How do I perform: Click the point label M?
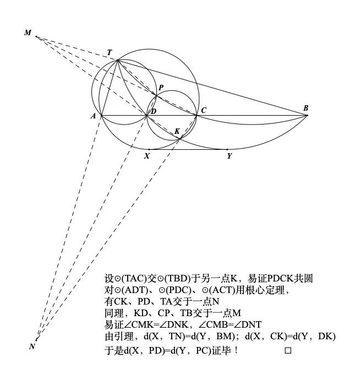(28, 33)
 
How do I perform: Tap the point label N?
(32, 346)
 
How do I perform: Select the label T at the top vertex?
(110, 53)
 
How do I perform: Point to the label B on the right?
(306, 109)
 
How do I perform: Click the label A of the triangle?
(94, 116)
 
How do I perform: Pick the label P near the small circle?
(161, 88)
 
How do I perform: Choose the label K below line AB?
(177, 131)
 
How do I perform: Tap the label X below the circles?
(147, 156)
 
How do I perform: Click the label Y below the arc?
(228, 156)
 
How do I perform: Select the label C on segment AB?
(203, 111)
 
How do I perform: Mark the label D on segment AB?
(154, 112)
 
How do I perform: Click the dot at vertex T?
(118, 60)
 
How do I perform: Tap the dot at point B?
(307, 115)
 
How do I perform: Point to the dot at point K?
(181, 138)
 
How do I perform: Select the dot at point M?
(36, 37)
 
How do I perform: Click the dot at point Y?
(227, 149)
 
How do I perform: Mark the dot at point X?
(149, 149)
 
